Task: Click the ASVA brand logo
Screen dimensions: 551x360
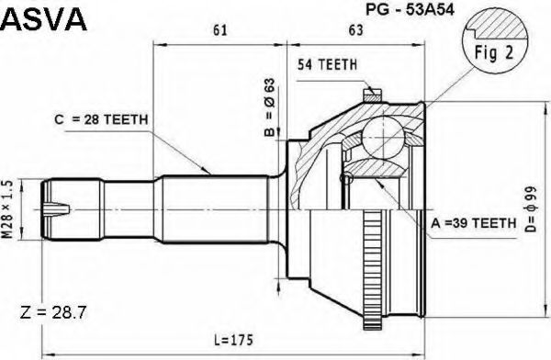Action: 43,19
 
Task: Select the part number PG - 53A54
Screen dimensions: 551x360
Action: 410,9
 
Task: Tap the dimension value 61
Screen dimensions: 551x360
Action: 220,30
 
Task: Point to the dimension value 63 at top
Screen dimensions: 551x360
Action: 355,30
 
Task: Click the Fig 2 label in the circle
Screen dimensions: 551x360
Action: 494,52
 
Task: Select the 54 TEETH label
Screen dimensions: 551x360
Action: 327,64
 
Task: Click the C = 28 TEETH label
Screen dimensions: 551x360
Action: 101,120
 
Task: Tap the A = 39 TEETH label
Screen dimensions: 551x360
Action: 473,223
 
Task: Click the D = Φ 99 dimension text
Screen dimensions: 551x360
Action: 531,209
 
